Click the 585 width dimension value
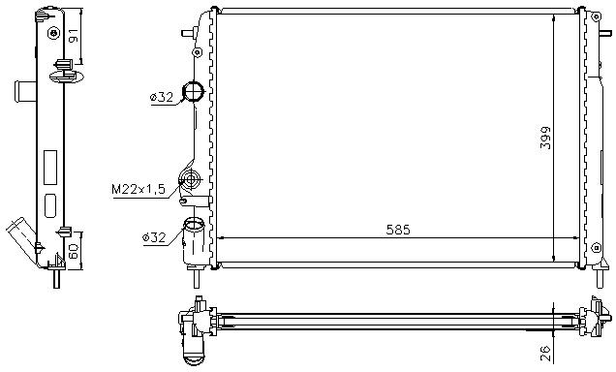pos(397,230)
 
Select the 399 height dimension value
pos(545,138)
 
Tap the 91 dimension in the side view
pos(73,35)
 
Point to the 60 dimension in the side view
pos(74,251)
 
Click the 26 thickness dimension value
pos(545,354)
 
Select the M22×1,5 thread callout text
pos(139,190)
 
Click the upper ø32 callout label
pos(162,97)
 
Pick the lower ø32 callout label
pos(154,237)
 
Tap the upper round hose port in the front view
pos(195,91)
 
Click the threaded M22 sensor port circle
pos(191,180)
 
